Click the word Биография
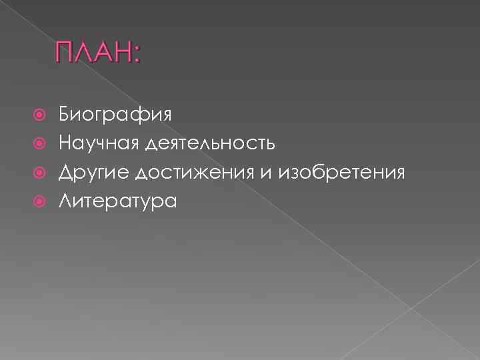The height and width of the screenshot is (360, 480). (x=115, y=114)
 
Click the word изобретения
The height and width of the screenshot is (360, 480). (x=344, y=173)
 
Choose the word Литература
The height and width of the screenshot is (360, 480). (x=117, y=201)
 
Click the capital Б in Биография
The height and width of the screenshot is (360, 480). (x=64, y=113)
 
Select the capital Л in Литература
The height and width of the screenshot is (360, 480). (x=65, y=201)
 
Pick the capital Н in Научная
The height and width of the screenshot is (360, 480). (x=65, y=143)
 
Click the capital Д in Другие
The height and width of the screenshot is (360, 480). (x=65, y=173)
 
